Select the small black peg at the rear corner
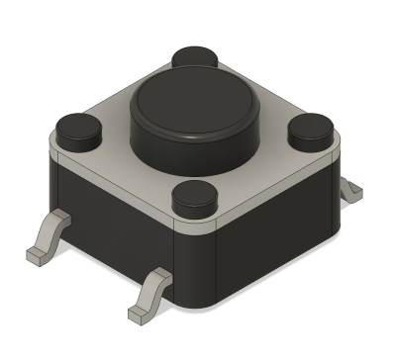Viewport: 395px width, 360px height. [x=194, y=58]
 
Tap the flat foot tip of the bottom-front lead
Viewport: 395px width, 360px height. [x=139, y=315]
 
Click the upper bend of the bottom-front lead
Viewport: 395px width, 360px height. [x=158, y=277]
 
